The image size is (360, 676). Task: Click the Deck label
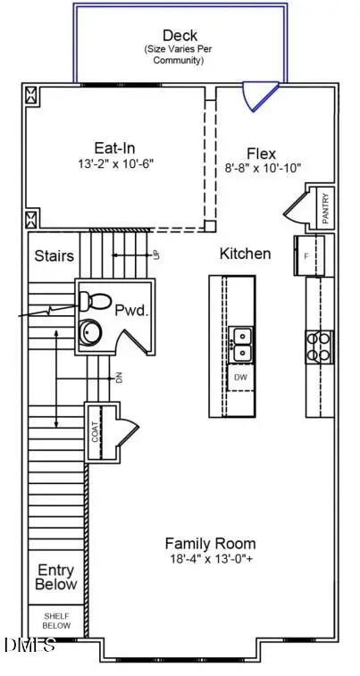(180, 36)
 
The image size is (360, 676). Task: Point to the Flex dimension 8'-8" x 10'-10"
(262, 168)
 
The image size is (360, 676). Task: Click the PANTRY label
(325, 208)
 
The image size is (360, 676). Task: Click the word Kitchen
(245, 254)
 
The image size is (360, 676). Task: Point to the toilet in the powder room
(90, 300)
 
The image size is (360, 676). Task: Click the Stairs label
(54, 256)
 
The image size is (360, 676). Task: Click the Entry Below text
(56, 577)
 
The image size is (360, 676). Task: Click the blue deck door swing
(263, 97)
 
